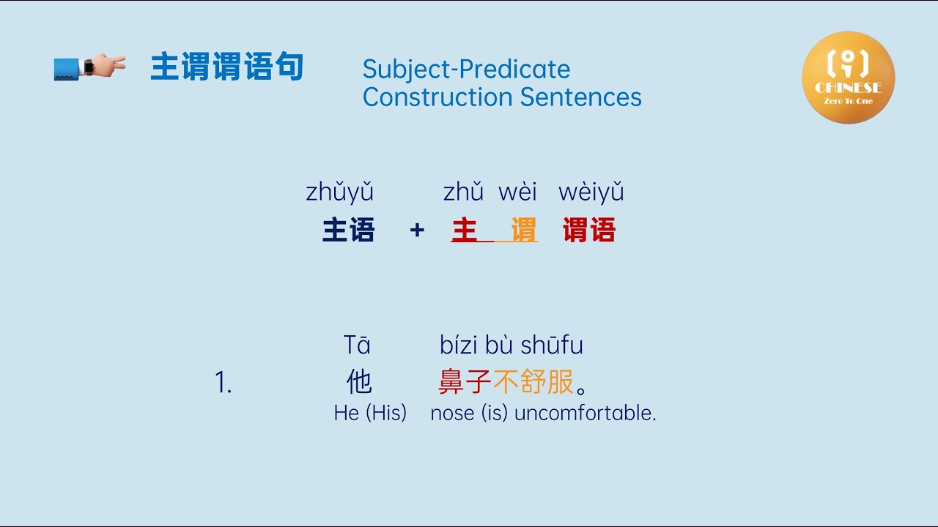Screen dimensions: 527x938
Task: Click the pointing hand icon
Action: pyautogui.click(x=90, y=67)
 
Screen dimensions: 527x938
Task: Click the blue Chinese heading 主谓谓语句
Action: pyautogui.click(x=226, y=67)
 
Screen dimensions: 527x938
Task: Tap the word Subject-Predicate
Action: pyautogui.click(x=466, y=70)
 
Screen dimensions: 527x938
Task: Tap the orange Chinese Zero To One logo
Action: pyautogui.click(x=848, y=77)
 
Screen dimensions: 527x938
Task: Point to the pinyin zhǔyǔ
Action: pyautogui.click(x=340, y=193)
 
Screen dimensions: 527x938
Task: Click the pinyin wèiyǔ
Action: pyautogui.click(x=591, y=193)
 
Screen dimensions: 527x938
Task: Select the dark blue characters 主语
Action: pyautogui.click(x=349, y=231)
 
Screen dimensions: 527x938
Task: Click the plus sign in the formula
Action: pyautogui.click(x=417, y=231)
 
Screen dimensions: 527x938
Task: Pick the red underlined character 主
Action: pyautogui.click(x=465, y=231)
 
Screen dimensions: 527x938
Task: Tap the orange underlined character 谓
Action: pyautogui.click(x=523, y=231)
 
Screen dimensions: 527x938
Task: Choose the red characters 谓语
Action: pyautogui.click(x=589, y=231)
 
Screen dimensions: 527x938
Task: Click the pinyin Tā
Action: pyautogui.click(x=357, y=345)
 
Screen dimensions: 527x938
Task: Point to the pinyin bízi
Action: pyautogui.click(x=459, y=345)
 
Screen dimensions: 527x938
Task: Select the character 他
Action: pyautogui.click(x=359, y=382)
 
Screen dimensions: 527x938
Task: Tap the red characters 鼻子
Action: pyautogui.click(x=465, y=382)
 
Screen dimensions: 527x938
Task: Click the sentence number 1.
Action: pyautogui.click(x=223, y=383)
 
